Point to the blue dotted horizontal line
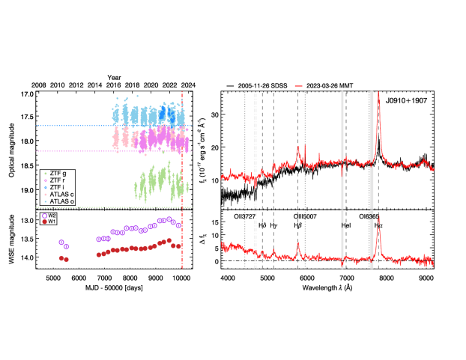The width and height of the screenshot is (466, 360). pos(75,126)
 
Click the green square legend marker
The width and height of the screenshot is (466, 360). pos(45,174)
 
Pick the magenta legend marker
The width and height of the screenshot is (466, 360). pos(45,180)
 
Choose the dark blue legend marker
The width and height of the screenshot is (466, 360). pos(45,187)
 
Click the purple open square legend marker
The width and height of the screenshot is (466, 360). pos(44,216)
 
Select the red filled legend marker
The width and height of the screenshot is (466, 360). pos(44,222)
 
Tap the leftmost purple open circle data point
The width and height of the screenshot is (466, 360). pos(61,242)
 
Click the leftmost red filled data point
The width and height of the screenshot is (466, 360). pos(61,258)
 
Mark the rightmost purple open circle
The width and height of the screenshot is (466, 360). pos(178,225)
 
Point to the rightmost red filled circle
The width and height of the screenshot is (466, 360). pos(179,245)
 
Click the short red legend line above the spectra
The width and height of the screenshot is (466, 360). pos(298,86)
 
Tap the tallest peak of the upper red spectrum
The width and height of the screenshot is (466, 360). pos(378,94)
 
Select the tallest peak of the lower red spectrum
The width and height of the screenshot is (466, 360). pos(378,217)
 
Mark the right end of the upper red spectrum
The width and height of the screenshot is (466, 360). pos(432,169)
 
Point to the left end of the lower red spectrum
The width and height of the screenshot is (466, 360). pos(222,245)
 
